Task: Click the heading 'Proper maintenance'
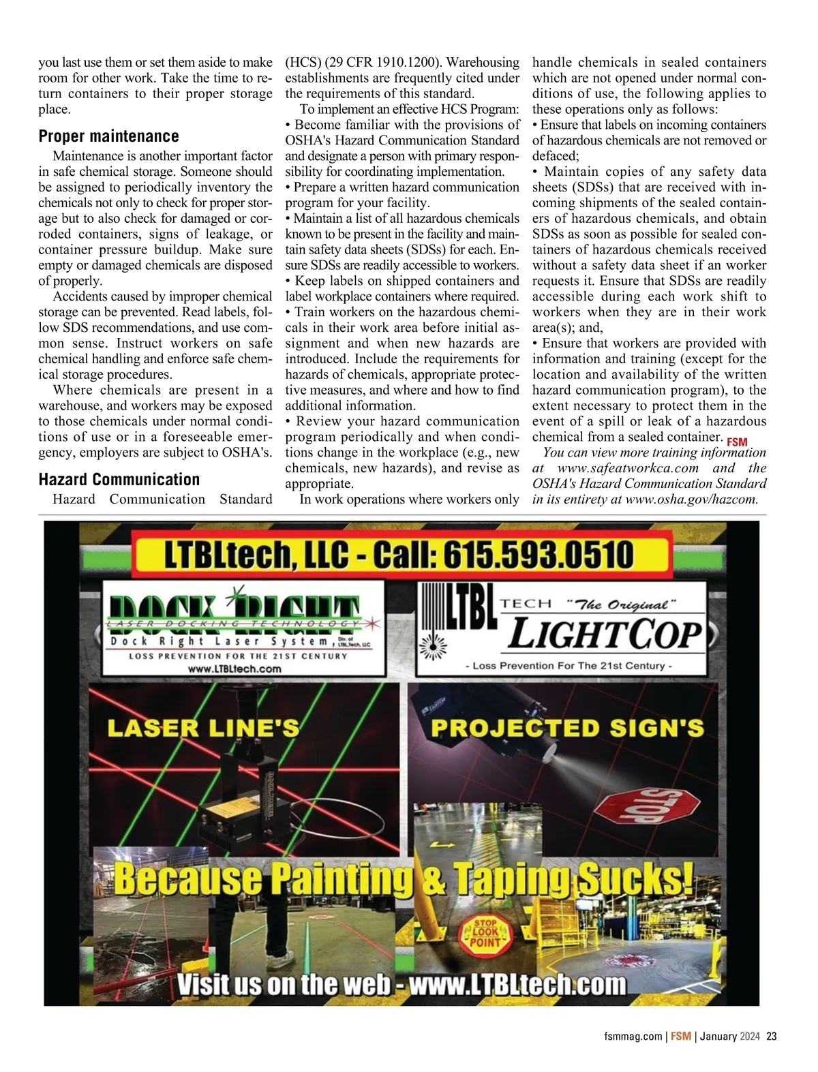pyautogui.click(x=108, y=136)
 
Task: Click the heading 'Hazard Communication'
pyautogui.click(x=119, y=480)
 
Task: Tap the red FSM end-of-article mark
pyautogui.click(x=737, y=442)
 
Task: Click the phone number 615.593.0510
pyautogui.click(x=539, y=555)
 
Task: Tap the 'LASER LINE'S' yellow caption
pyautogui.click(x=203, y=728)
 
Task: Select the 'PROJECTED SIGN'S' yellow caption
pyautogui.click(x=567, y=728)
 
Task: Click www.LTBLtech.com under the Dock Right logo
pyautogui.click(x=234, y=669)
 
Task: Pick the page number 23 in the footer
pyautogui.click(x=772, y=1037)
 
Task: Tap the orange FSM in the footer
pyautogui.click(x=680, y=1037)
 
